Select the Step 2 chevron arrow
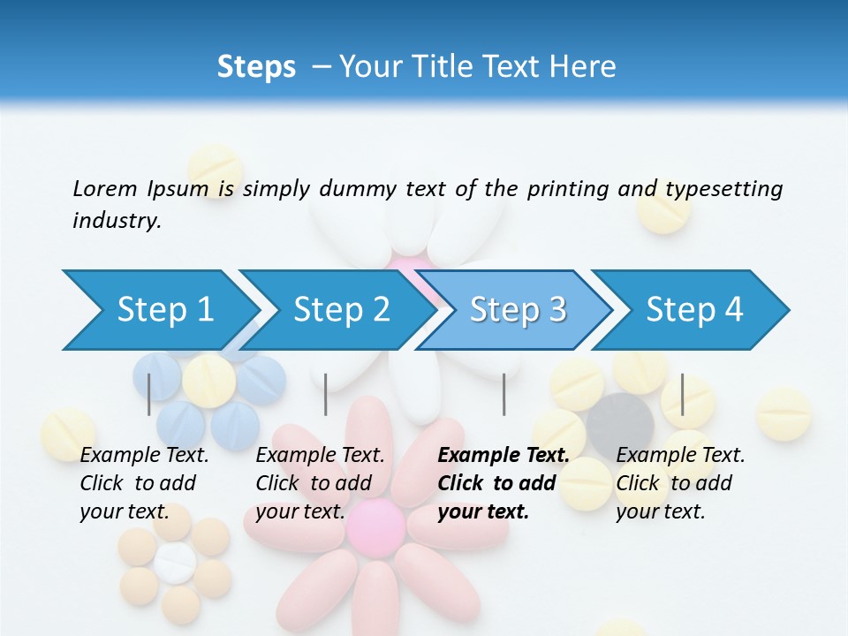click(340, 309)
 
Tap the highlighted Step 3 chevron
click(517, 309)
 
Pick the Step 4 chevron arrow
click(694, 309)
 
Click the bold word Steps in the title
click(256, 66)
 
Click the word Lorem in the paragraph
click(104, 188)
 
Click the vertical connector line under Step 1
click(149, 394)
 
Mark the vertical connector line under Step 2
click(326, 394)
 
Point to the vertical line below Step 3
click(503, 394)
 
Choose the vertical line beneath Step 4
click(683, 394)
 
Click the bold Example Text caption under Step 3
click(503, 483)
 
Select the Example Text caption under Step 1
click(144, 483)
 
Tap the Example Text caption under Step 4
click(680, 483)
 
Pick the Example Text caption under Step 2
click(320, 483)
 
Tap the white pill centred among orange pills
click(175, 561)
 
